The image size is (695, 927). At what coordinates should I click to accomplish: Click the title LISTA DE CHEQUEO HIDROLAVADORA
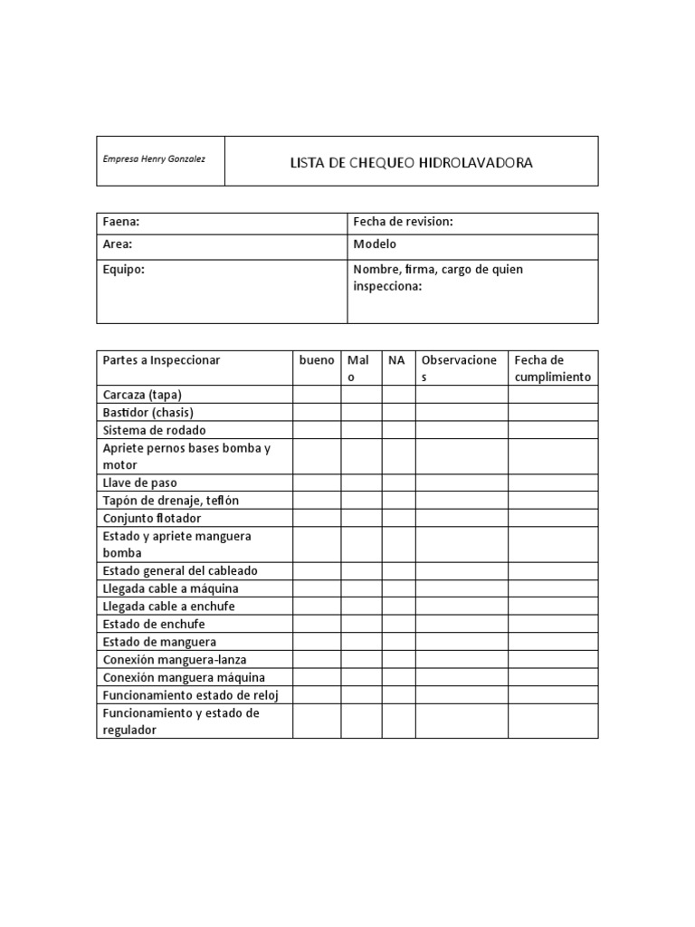coord(411,163)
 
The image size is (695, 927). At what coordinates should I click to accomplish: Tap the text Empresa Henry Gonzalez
coord(154,159)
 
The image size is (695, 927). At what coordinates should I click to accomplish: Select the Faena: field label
coord(121,222)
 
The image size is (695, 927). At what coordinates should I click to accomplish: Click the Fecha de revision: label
coord(403,222)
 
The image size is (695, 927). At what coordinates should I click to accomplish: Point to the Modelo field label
coord(375,244)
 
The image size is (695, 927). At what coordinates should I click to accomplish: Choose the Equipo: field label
coord(124,270)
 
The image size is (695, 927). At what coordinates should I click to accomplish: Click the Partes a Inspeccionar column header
coord(161,360)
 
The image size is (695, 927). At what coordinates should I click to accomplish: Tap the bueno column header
coord(317,360)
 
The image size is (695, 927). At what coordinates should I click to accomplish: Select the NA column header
coord(396,360)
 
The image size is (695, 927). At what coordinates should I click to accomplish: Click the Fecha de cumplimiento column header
coord(552,368)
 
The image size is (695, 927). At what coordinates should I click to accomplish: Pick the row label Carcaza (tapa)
coord(148,395)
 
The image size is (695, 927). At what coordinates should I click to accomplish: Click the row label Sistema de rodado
coord(154,430)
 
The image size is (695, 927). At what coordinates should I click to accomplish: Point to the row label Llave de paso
coord(139,483)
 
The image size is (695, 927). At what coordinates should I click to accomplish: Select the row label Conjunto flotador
coord(152,518)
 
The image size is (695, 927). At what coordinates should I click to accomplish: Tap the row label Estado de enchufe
coord(154,624)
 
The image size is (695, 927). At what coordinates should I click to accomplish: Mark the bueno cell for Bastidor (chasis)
coord(317,413)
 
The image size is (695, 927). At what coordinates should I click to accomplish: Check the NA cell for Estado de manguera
coord(399,642)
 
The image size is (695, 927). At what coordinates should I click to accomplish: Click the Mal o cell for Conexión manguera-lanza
coord(361,659)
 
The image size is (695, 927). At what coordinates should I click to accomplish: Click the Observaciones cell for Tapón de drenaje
coord(462,501)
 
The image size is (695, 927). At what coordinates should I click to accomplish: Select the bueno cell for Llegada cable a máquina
coord(317,588)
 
